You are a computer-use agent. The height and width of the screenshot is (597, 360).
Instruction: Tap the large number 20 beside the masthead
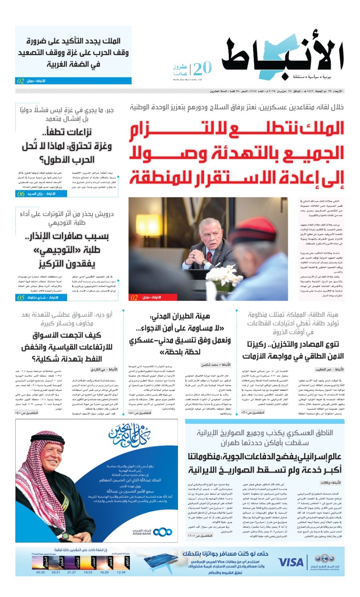[203, 69]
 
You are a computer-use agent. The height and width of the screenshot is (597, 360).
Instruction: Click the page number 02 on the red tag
[134, 297]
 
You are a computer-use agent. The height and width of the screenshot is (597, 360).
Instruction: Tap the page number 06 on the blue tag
[21, 194]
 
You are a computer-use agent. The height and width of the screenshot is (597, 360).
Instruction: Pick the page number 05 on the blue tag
[21, 297]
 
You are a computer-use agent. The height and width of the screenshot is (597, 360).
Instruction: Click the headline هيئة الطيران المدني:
[180, 316]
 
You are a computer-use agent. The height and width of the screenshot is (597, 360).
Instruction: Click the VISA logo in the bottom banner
[291, 562]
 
